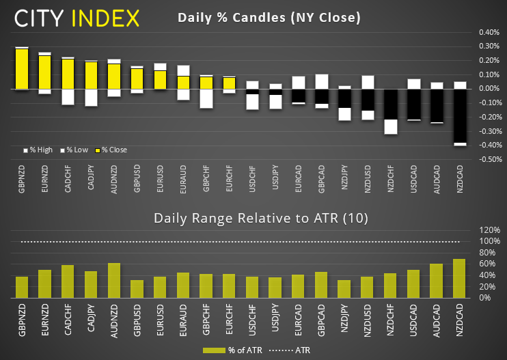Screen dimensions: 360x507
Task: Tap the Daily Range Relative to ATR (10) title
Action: (x=260, y=219)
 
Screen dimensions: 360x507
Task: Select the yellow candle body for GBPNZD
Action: (x=22, y=69)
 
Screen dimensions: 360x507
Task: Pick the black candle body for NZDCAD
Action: (x=459, y=115)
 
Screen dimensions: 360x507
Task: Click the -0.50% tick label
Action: (x=488, y=160)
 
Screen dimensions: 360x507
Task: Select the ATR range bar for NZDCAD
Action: (x=459, y=278)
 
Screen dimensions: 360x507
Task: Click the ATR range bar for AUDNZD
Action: (x=114, y=280)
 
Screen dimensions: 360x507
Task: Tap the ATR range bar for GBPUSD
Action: (x=137, y=289)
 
